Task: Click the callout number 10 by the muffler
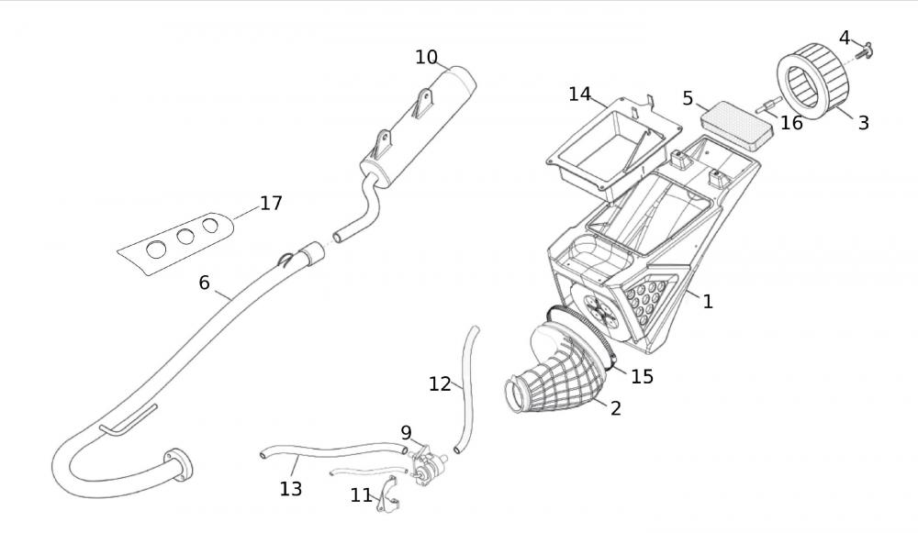[x=426, y=57]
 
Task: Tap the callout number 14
[x=579, y=94]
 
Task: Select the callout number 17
[x=271, y=203]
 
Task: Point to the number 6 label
[x=204, y=282]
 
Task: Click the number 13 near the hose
[x=290, y=489]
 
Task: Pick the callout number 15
[x=642, y=376]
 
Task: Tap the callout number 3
[x=863, y=122]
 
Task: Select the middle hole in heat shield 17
[x=186, y=236]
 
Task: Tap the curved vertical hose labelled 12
[x=469, y=385]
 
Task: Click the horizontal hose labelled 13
[x=330, y=451]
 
